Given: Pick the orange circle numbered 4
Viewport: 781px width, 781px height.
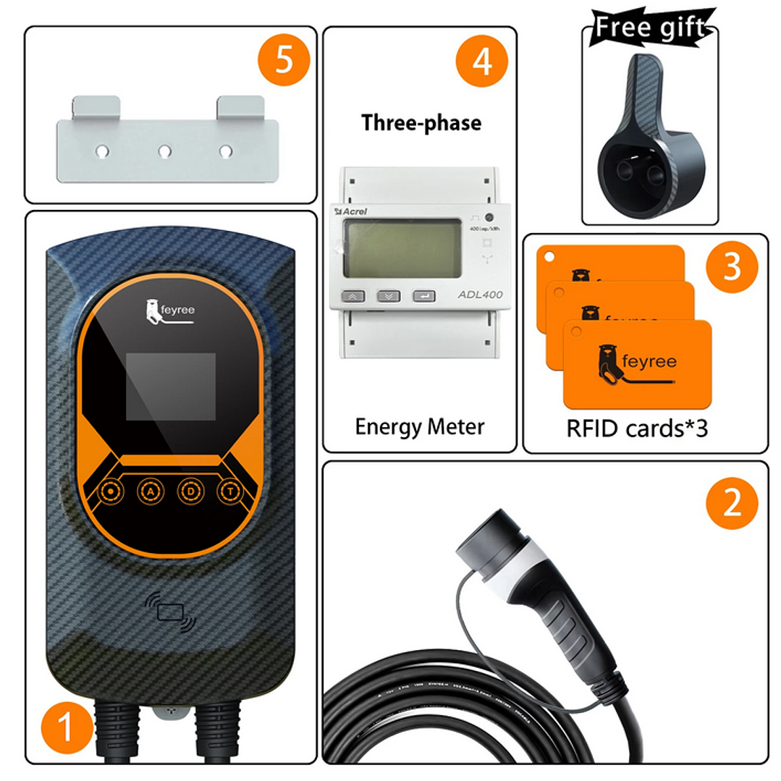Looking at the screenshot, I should pyautogui.click(x=481, y=61).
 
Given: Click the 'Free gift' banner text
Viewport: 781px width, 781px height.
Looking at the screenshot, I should pyautogui.click(x=650, y=28).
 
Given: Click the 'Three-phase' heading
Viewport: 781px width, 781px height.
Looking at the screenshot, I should pyautogui.click(x=421, y=122).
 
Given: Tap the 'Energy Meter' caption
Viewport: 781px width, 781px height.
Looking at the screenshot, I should pyautogui.click(x=419, y=426).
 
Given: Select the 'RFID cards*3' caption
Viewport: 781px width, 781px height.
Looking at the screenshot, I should pyautogui.click(x=637, y=429).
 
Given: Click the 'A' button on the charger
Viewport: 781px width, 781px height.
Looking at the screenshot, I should pyautogui.click(x=151, y=491).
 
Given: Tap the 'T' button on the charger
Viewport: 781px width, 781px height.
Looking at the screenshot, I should pyautogui.click(x=229, y=491).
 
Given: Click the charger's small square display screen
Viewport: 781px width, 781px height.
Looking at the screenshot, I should pyautogui.click(x=171, y=387).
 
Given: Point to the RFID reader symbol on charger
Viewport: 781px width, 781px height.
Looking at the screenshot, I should pyautogui.click(x=171, y=612).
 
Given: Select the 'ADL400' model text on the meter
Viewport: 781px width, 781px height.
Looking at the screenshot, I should pyautogui.click(x=481, y=295).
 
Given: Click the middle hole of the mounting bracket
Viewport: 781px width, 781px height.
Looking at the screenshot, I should pyautogui.click(x=165, y=151).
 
